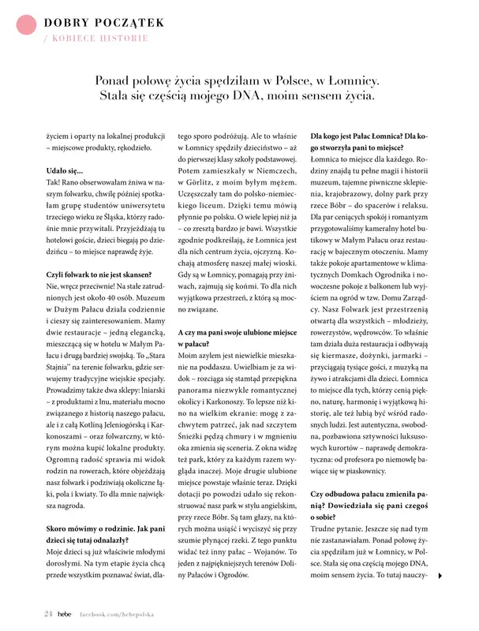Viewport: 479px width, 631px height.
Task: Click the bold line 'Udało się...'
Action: (x=65, y=170)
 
